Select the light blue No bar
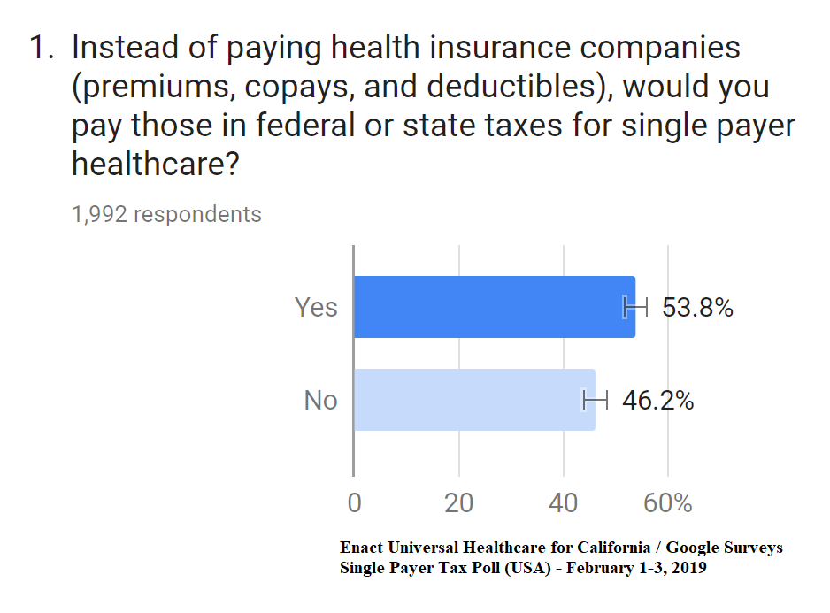(x=474, y=400)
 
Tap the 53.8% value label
(x=697, y=308)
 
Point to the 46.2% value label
(x=657, y=401)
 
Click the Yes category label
(x=316, y=307)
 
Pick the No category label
(x=320, y=401)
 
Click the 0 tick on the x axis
(x=354, y=503)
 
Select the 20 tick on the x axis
(x=458, y=503)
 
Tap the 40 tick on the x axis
(x=563, y=503)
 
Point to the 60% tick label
(x=668, y=503)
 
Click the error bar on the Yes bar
(x=635, y=307)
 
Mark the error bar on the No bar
(x=595, y=400)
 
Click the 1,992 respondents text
(x=166, y=214)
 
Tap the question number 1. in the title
(x=43, y=48)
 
